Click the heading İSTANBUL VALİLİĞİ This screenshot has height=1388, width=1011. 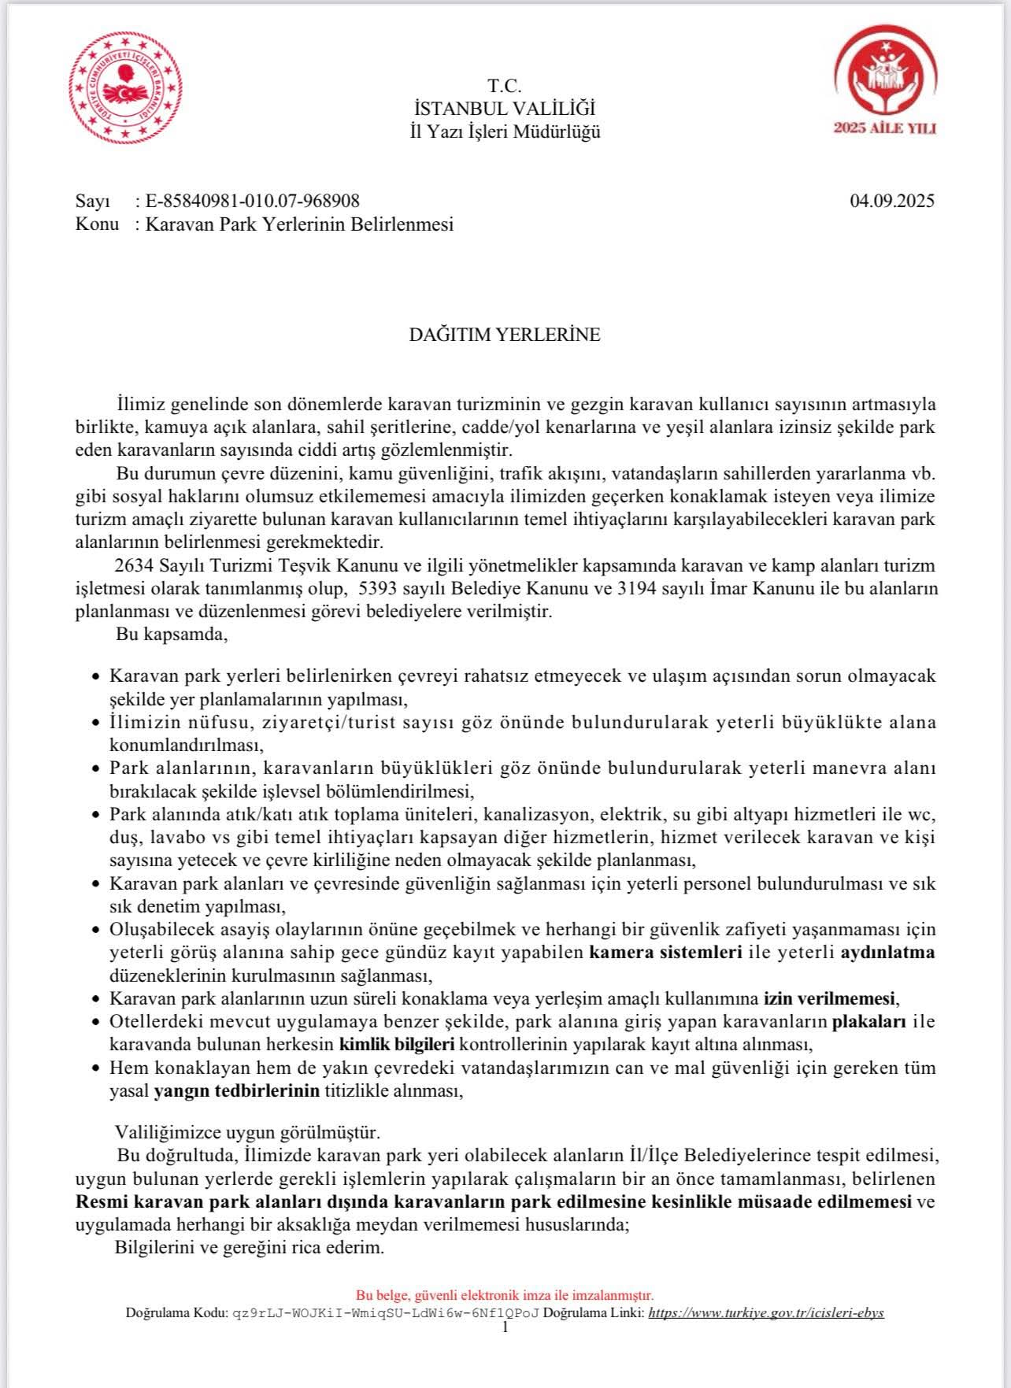505,109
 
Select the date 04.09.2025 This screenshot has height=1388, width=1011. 892,201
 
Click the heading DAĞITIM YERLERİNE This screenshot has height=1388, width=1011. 505,335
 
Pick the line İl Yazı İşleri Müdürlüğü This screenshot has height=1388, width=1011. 505,131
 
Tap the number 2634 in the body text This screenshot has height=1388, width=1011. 135,565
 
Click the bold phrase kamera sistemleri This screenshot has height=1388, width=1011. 666,952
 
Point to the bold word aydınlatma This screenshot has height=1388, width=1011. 888,952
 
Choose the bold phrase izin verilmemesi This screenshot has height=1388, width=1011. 830,998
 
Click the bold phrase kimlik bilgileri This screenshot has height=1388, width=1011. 397,1045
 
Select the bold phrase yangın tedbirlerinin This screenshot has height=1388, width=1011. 237,1091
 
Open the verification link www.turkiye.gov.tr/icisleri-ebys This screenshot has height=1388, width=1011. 765,1312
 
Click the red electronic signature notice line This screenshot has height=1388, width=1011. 505,1295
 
